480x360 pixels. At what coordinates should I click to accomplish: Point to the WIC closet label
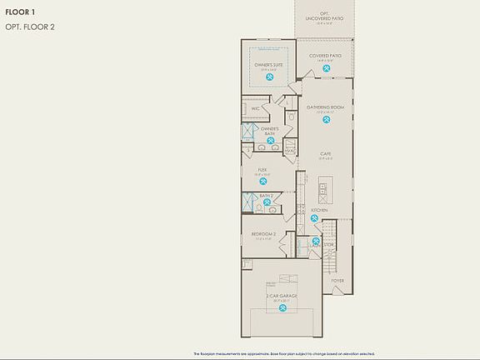pyautogui.click(x=255, y=108)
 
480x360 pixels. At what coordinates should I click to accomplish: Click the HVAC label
pyautogui.click(x=290, y=150)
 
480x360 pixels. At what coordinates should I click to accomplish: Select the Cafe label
pyautogui.click(x=325, y=153)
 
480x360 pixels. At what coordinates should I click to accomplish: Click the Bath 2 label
pyautogui.click(x=266, y=196)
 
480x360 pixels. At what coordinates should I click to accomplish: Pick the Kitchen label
pyautogui.click(x=319, y=210)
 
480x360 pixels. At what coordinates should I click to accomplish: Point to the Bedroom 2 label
pyautogui.click(x=263, y=234)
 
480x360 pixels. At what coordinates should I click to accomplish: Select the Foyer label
pyautogui.click(x=337, y=280)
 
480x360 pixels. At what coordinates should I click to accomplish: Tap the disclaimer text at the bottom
pyautogui.click(x=283, y=353)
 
